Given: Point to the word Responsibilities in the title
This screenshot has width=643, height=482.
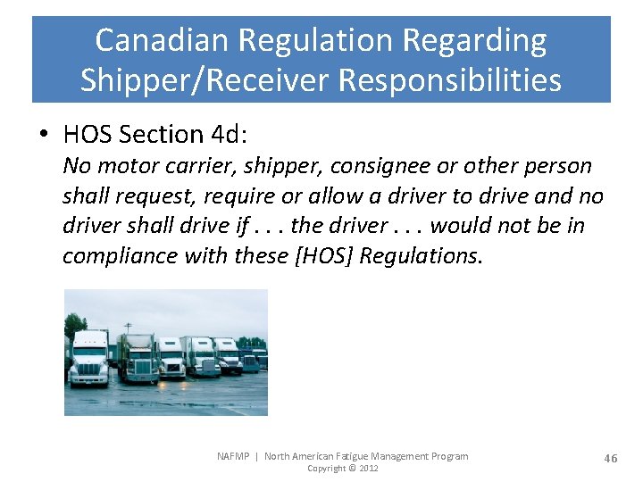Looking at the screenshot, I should tap(447, 79).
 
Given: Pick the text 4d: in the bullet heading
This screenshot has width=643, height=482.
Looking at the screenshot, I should tap(230, 135).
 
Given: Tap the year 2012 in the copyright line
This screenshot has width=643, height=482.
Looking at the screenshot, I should tap(368, 469).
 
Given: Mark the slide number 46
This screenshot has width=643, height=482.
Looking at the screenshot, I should tap(610, 458).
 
